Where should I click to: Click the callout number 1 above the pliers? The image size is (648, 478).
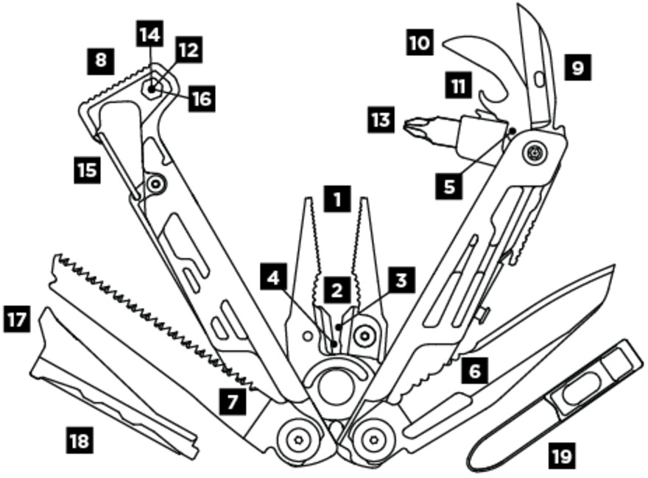pyautogui.click(x=338, y=199)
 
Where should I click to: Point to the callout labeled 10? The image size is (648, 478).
pyautogui.click(x=420, y=42)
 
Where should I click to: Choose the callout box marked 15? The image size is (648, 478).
pyautogui.click(x=88, y=170)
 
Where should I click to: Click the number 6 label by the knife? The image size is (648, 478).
pyautogui.click(x=475, y=369)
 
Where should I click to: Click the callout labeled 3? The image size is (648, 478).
pyautogui.click(x=401, y=280)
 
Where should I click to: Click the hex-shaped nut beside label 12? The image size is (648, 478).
pyautogui.click(x=152, y=88)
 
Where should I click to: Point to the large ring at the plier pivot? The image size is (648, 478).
pyautogui.click(x=336, y=386)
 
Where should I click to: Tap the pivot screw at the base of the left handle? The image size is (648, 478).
pyautogui.click(x=299, y=440)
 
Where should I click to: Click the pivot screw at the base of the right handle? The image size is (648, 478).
pyautogui.click(x=373, y=440)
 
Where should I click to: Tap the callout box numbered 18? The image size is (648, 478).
pyautogui.click(x=80, y=441)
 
